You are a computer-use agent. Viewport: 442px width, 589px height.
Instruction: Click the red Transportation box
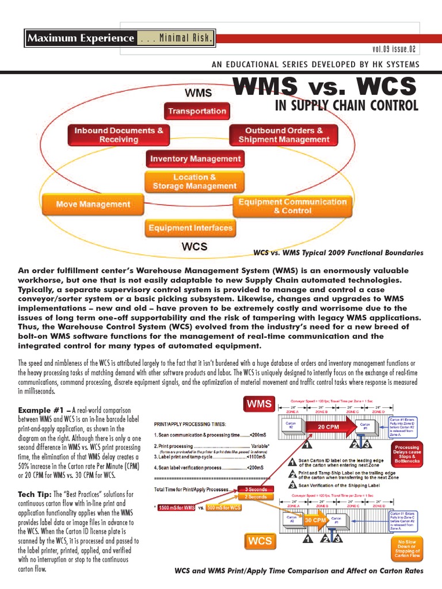196,111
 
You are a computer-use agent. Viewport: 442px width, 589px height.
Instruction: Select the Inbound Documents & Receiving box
119,135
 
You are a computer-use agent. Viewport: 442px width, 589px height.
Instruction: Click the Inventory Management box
196,158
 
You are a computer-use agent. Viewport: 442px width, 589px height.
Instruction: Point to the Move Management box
93,204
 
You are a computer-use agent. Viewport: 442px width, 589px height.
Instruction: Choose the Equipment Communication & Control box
292,206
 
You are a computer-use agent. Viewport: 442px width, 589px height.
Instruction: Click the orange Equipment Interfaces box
190,228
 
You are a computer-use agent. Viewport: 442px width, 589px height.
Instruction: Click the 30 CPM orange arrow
315,521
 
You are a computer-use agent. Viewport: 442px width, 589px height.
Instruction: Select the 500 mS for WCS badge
223,508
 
